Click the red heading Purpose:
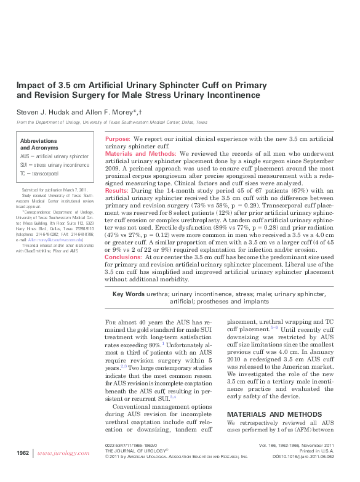(x=118, y=140)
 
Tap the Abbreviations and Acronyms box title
(x=41, y=145)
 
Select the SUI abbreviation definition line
(x=54, y=166)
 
